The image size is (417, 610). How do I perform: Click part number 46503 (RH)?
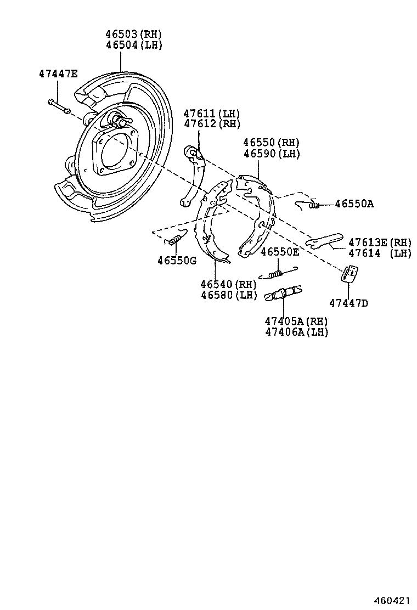coord(134,34)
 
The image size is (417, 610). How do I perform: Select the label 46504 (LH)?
coord(134,45)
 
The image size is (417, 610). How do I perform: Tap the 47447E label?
coord(58,74)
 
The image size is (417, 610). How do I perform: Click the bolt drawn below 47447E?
coord(58,106)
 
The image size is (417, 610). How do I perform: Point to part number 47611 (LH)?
coord(212,114)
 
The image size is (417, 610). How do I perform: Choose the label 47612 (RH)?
coord(212,124)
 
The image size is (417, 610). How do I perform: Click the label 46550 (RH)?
coord(272,143)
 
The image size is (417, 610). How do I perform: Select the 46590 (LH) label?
coord(272,154)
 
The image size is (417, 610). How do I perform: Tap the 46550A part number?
coord(354,204)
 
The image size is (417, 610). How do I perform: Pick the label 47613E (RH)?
coord(379,242)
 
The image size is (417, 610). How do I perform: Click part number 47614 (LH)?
coord(379,253)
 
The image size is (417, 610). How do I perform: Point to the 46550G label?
coord(177,261)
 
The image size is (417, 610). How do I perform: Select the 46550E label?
coord(280,252)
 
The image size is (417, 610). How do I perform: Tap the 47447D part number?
coord(349,303)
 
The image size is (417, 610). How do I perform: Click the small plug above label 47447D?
coord(350,273)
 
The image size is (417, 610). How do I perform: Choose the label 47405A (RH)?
coord(296,321)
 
